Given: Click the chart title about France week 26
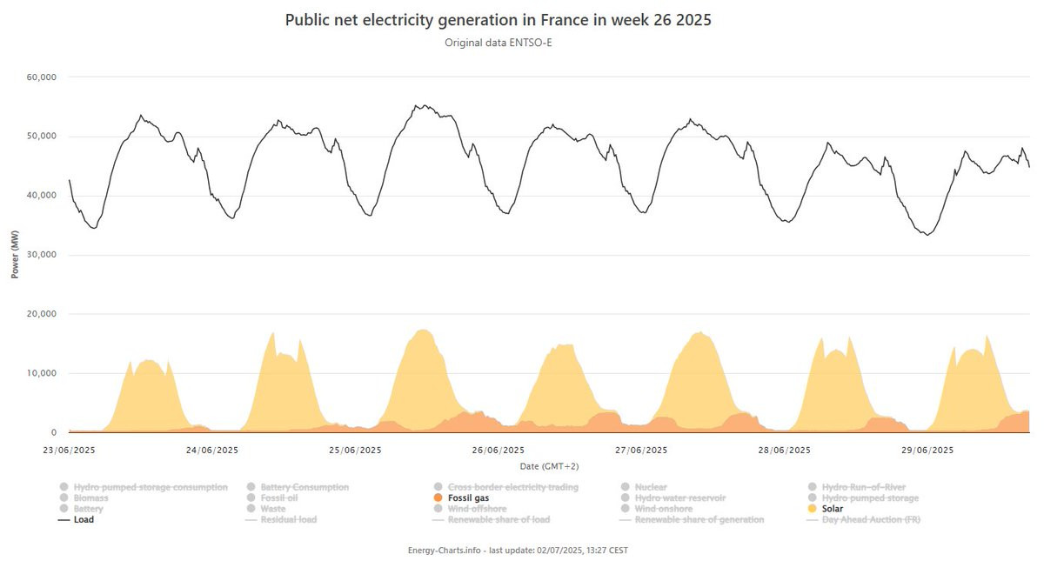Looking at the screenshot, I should pos(498,20).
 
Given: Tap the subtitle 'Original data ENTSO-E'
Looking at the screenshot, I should pos(498,42).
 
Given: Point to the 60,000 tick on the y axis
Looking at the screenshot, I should pos(43,77).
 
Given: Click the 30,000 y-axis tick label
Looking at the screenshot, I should pos(43,255).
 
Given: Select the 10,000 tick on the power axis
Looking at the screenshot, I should pos(43,373).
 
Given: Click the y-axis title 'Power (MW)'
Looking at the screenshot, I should pos(15,255).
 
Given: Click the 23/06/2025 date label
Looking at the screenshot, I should pos(69,450).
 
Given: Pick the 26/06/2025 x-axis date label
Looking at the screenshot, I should pos(499,450).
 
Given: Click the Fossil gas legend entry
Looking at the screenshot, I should pos(468,498).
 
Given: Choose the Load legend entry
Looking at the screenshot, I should pos(84,519).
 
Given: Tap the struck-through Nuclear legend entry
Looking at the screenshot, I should pos(651,487).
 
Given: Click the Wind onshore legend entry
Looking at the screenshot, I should pos(663,509).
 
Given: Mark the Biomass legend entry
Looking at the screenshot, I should pos(90,498).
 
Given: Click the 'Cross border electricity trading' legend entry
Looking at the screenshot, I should pos(512,487).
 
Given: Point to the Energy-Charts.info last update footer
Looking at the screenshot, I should pos(517,550).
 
